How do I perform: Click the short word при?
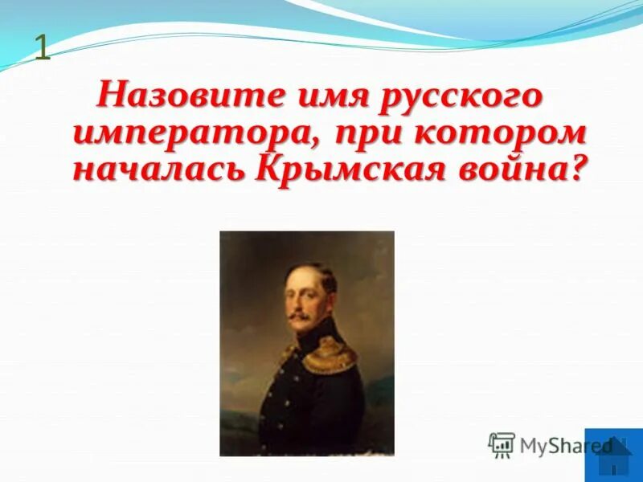point(355,133)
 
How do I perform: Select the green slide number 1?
point(42,49)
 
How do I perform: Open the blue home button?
point(614,456)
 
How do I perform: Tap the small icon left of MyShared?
point(502,445)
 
